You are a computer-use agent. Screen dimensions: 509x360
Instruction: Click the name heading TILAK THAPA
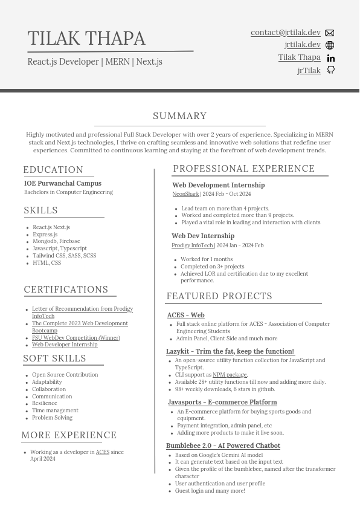(86, 38)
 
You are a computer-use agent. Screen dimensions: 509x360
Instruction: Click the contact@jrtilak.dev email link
(285, 33)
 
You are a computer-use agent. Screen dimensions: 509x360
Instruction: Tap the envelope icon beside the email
(329, 33)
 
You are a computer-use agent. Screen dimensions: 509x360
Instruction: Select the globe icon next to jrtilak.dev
(330, 45)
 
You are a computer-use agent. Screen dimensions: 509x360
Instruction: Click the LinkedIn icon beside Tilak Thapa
(330, 58)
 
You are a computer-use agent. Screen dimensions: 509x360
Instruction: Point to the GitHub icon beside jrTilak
(330, 70)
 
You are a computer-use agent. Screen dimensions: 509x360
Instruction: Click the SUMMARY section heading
(179, 116)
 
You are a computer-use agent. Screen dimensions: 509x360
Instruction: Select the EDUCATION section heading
(53, 170)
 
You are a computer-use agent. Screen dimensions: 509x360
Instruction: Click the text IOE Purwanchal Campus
(63, 183)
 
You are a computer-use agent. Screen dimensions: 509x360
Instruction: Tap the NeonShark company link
(185, 194)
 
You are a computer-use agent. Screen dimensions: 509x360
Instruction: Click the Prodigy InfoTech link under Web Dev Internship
(192, 245)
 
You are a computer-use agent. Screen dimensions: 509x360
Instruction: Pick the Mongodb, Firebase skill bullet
(56, 241)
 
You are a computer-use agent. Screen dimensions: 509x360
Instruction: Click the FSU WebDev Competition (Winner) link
(76, 338)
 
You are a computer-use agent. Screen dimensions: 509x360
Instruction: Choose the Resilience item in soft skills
(45, 403)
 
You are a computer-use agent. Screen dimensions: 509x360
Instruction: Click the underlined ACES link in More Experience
(103, 452)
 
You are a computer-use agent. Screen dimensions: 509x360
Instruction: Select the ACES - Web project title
(185, 315)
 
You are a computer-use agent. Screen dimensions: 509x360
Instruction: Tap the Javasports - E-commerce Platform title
(222, 402)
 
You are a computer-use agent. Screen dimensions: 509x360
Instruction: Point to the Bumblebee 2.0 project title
(223, 446)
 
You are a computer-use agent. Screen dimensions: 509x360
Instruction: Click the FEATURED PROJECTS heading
(219, 296)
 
